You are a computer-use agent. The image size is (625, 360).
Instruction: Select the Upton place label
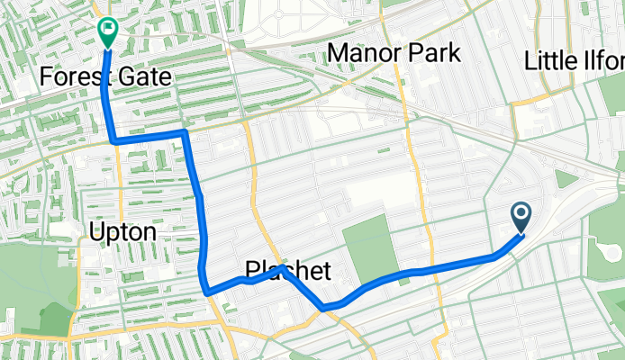coord(123,233)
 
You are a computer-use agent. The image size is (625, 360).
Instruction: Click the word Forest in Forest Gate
coord(75,77)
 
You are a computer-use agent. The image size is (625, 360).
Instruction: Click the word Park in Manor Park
coord(437,53)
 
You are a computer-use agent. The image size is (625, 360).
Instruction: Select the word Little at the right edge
coord(553,61)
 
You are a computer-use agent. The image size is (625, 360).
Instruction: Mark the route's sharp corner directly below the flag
coord(114,140)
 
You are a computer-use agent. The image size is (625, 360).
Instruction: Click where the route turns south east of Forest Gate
coord(184,133)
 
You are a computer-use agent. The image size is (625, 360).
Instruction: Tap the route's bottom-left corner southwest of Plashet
coord(208,292)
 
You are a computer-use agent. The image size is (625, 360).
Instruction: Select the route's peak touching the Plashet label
coord(282,267)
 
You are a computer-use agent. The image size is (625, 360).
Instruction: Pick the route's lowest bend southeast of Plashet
coord(322,308)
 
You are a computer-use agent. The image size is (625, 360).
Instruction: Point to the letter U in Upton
coord(97,233)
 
